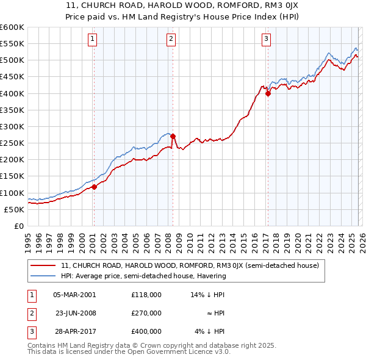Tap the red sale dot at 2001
(x=94, y=187)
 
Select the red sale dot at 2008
(x=173, y=137)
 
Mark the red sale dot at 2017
(x=268, y=94)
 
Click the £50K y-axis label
(x=14, y=209)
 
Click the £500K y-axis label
(x=12, y=60)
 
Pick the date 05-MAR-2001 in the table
(x=75, y=294)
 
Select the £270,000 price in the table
(x=146, y=313)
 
